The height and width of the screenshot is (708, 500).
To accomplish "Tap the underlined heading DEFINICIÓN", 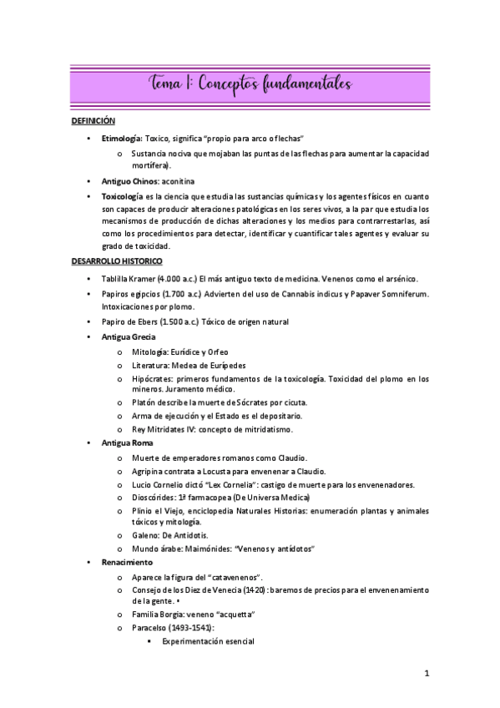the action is pyautogui.click(x=93, y=121).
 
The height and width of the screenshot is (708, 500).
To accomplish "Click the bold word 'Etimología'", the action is pyautogui.click(x=121, y=137).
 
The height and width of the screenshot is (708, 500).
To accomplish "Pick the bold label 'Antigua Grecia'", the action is pyautogui.click(x=128, y=336).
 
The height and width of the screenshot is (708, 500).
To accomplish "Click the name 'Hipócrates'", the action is pyautogui.click(x=152, y=378).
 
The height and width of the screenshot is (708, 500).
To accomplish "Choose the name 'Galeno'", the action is pyautogui.click(x=145, y=535).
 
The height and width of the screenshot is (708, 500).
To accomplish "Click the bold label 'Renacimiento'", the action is pyautogui.click(x=125, y=563).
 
